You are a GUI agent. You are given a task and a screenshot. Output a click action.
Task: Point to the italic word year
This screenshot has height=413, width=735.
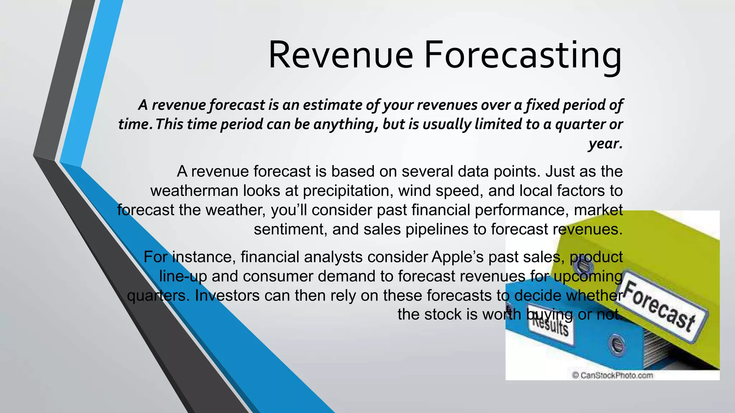[605, 143]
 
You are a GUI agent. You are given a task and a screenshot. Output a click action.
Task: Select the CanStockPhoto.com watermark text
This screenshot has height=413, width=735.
[612, 375]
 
